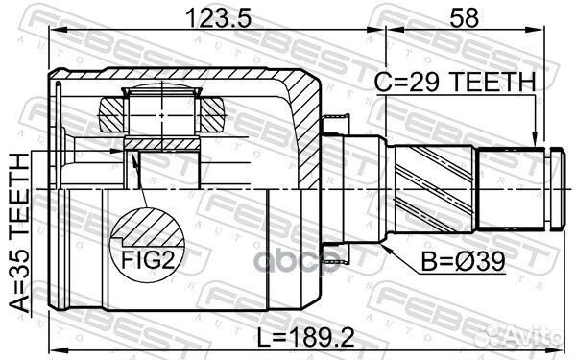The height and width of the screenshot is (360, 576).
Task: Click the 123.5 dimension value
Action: pyautogui.click(x=218, y=18)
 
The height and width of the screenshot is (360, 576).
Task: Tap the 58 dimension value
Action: pyautogui.click(x=465, y=17)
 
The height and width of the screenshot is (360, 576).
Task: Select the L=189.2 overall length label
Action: pyautogui.click(x=305, y=338)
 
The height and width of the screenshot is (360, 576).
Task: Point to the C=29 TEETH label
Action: pyautogui.click(x=455, y=82)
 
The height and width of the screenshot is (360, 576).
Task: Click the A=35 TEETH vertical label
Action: pyautogui.click(x=19, y=233)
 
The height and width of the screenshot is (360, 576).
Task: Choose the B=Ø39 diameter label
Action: pyautogui.click(x=463, y=261)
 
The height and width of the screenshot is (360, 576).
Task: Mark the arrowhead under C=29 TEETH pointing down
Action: pyautogui.click(x=536, y=140)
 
